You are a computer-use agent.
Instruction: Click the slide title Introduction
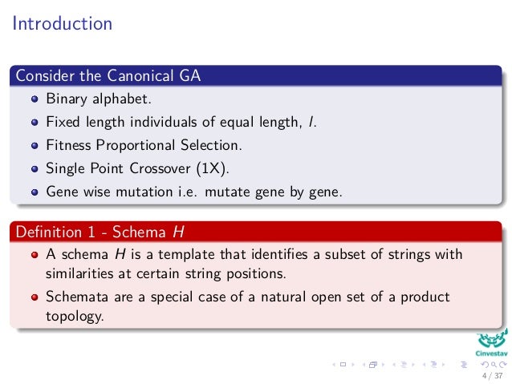(62, 23)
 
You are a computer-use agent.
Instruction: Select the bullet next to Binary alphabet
(35, 100)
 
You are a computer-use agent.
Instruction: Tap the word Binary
(65, 100)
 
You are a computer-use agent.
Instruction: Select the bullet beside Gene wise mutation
(35, 192)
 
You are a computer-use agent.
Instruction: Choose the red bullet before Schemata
(35, 297)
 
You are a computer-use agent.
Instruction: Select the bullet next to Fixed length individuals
(35, 123)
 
